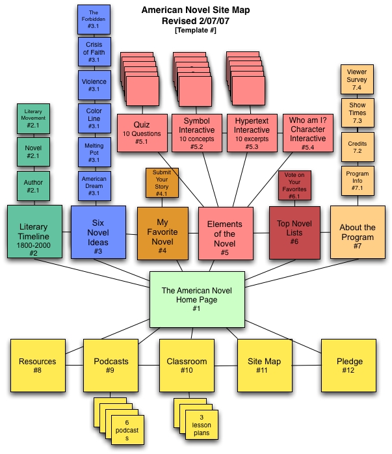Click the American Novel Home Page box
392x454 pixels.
click(197, 300)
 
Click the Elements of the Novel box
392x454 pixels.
click(224, 234)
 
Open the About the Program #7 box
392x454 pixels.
click(357, 232)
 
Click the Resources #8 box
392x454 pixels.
click(38, 366)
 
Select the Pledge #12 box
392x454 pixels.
click(350, 366)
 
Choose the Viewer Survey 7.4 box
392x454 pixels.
click(357, 79)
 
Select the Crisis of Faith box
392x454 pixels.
click(94, 51)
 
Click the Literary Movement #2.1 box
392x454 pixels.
click(34, 118)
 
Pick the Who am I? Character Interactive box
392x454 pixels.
click(307, 133)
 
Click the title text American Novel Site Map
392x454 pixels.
click(196, 11)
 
